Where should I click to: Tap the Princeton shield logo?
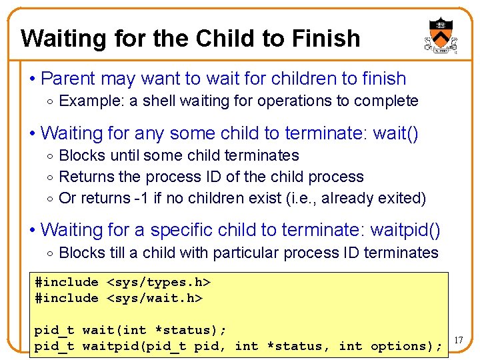coord(439,35)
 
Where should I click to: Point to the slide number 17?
coord(459,341)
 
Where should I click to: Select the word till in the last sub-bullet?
coord(118,253)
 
